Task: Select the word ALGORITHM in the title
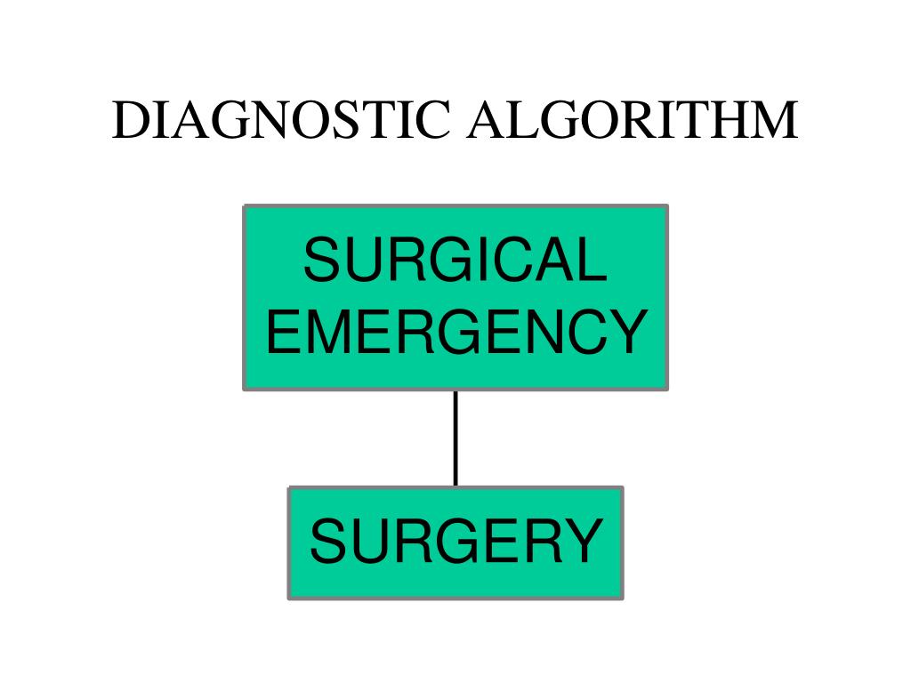point(633,121)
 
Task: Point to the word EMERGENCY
point(455,330)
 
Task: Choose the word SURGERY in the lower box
point(455,542)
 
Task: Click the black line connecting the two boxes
point(455,438)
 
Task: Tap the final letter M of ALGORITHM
point(775,121)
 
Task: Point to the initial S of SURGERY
point(327,542)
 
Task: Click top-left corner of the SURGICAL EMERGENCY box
point(245,206)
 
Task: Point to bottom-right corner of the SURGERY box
point(622,598)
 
